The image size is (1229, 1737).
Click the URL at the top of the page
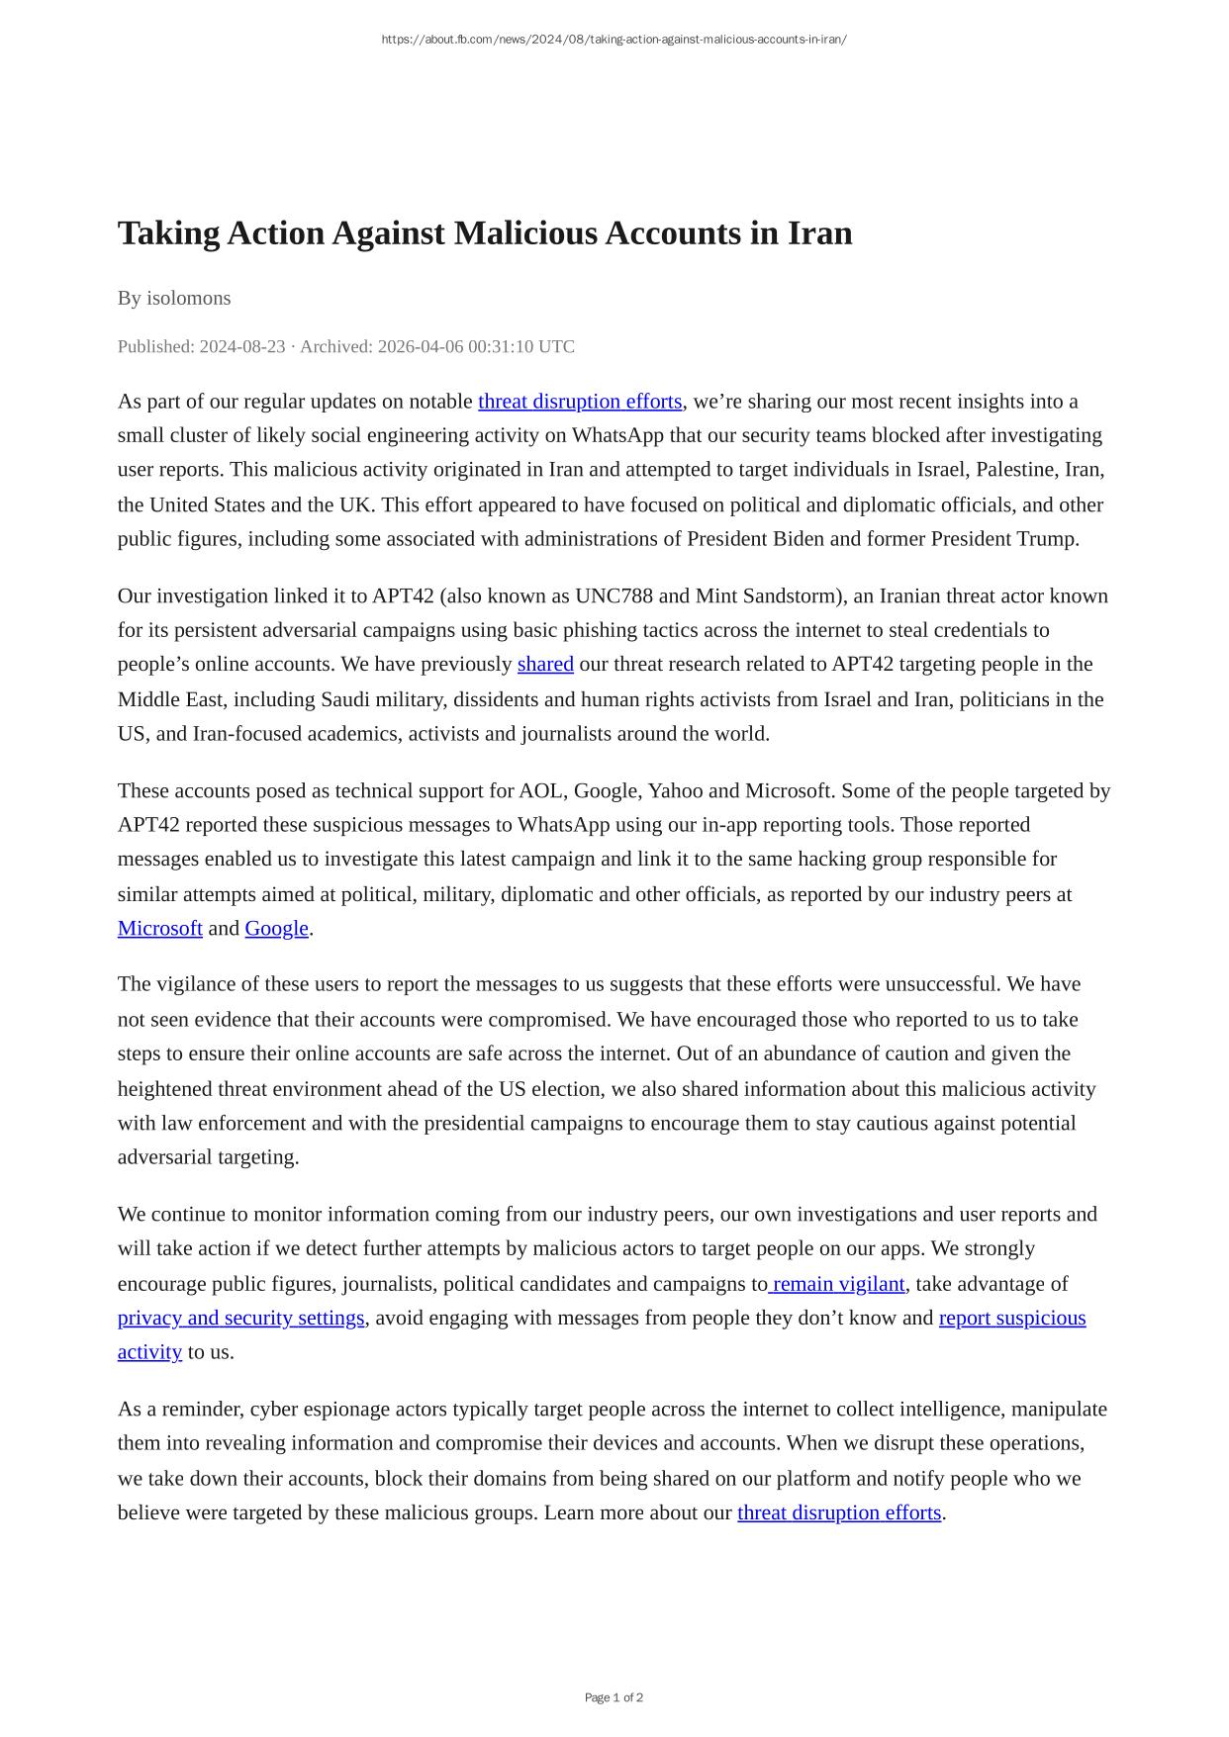point(614,40)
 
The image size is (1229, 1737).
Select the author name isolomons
point(189,298)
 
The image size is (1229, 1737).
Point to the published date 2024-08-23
point(241,346)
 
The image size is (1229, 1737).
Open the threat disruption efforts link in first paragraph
point(580,402)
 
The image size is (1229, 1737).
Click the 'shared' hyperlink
point(545,664)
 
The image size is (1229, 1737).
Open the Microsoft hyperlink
point(160,928)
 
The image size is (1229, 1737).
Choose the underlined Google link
point(277,928)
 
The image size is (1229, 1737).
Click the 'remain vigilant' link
point(838,1284)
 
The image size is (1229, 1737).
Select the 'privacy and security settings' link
point(241,1318)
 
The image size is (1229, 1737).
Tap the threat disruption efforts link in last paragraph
point(839,1512)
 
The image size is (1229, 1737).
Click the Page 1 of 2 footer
point(614,1697)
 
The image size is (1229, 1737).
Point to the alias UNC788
point(614,595)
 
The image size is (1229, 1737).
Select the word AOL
point(540,791)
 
